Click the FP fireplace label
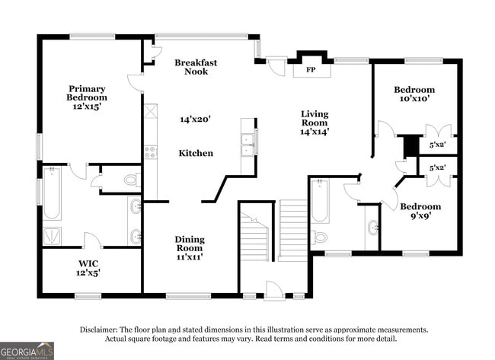pos(311,69)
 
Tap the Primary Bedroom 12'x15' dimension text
pos(87,107)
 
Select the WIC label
pos(88,263)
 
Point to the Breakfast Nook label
pos(196,67)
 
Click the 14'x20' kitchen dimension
pos(195,119)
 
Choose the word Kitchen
pos(196,153)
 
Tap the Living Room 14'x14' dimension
pos(315,131)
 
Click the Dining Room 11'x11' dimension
pos(190,256)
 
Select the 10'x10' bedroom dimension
pos(414,98)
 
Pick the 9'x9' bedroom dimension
pos(421,215)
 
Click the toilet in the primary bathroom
pos(132,180)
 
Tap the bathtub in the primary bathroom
pos(52,193)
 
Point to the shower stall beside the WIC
pos(52,236)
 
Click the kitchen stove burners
pos(151,151)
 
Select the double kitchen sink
pos(249,145)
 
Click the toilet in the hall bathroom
pos(320,236)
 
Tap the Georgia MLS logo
pos(27,351)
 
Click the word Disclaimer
pos(99,330)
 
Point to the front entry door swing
pos(273,290)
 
